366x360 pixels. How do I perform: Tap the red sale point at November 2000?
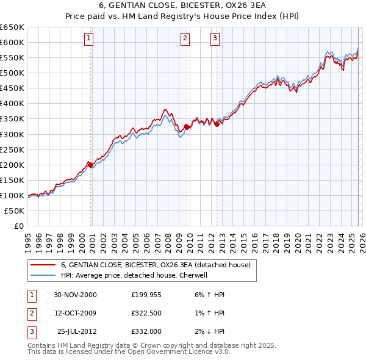91,165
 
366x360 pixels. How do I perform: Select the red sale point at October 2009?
187,127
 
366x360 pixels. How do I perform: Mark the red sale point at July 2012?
217,124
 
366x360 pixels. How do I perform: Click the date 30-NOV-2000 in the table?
75,295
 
